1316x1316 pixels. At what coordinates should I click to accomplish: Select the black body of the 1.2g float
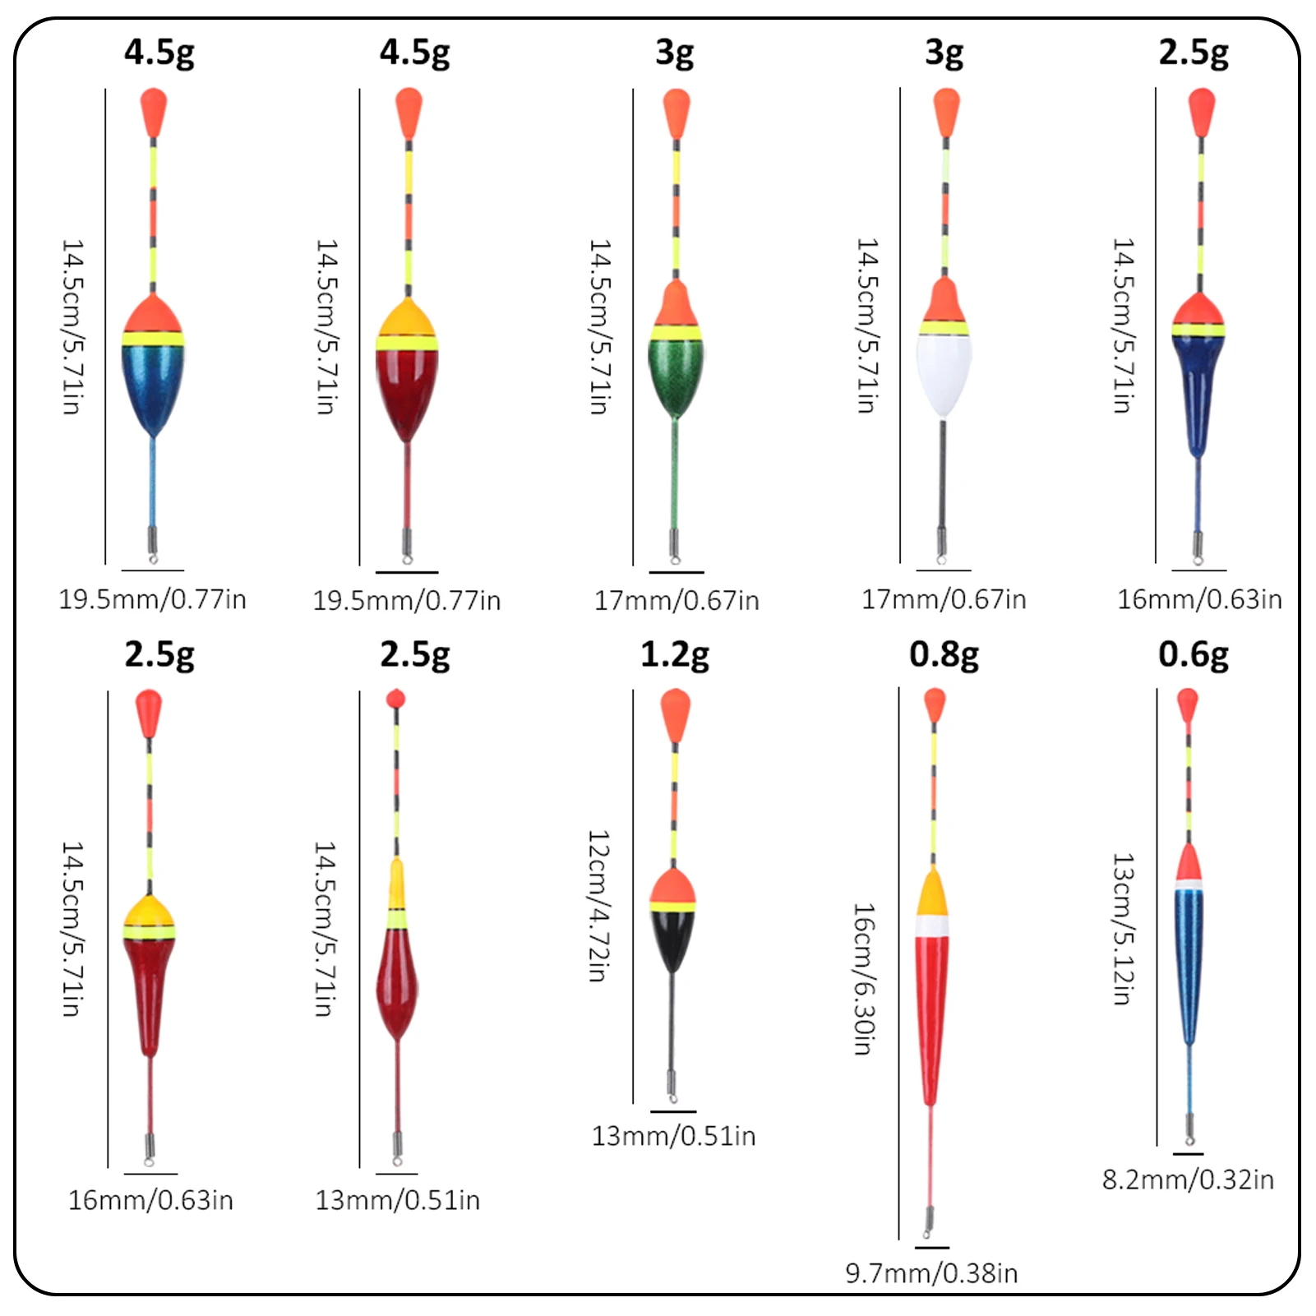(x=672, y=938)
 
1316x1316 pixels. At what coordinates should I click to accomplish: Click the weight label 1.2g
(x=674, y=654)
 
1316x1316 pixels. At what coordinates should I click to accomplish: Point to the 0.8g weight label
(x=944, y=654)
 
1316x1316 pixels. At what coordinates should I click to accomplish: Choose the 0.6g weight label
(x=1193, y=654)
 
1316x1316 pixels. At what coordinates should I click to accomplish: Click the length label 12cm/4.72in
(x=598, y=905)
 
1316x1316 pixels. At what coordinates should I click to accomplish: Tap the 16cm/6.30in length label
(x=863, y=978)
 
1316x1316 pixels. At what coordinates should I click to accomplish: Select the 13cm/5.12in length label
(x=1123, y=929)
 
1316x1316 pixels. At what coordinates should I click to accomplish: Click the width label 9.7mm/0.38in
(x=931, y=1273)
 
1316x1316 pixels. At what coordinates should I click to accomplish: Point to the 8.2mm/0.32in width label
(x=1188, y=1180)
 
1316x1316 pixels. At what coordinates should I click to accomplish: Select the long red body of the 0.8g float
(x=931, y=1011)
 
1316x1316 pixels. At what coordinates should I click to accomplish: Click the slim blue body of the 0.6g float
(x=1189, y=962)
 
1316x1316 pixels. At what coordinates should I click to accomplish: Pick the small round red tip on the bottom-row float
(x=395, y=700)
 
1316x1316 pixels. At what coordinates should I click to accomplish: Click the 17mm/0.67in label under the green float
(x=676, y=601)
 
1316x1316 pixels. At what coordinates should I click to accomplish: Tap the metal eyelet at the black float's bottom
(x=672, y=1097)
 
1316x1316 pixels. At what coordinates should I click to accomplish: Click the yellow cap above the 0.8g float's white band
(x=932, y=896)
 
